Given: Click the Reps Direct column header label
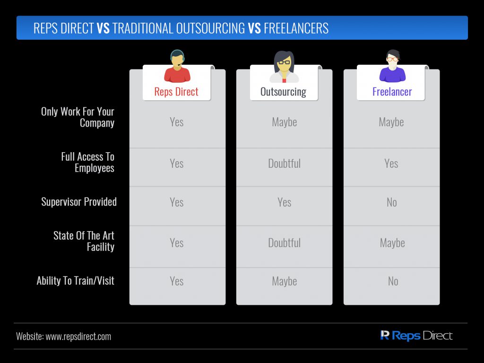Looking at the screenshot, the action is pos(176,92).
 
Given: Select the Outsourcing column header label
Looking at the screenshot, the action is pos(284,92).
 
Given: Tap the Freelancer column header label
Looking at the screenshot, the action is pos(392,92).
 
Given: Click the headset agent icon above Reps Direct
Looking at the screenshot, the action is pos(177,66).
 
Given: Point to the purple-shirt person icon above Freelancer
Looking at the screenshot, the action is pos(392,66).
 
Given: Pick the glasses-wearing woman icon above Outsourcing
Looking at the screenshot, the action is pos(284,67).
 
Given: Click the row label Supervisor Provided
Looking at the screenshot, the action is pos(79,202).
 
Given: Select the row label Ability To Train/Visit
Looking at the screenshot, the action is pos(76,281).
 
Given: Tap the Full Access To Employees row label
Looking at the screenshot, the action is pos(87,163).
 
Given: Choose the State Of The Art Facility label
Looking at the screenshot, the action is pos(84,241).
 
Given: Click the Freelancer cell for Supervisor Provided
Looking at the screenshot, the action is pos(392,202).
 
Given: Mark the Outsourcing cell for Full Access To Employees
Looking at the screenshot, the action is pos(284,163).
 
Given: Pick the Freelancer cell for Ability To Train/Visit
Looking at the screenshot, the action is pos(393,281).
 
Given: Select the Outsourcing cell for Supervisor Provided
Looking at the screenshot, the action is pos(284,202).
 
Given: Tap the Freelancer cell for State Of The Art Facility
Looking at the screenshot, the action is pos(392,243).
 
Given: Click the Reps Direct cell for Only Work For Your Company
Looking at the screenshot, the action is pos(177,122).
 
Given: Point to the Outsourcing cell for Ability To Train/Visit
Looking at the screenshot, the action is pos(284,281).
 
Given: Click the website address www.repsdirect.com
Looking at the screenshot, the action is pos(78,337).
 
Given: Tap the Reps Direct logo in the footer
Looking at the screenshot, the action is pos(416,336).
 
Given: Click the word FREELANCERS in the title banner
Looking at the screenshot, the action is pos(296,28).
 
